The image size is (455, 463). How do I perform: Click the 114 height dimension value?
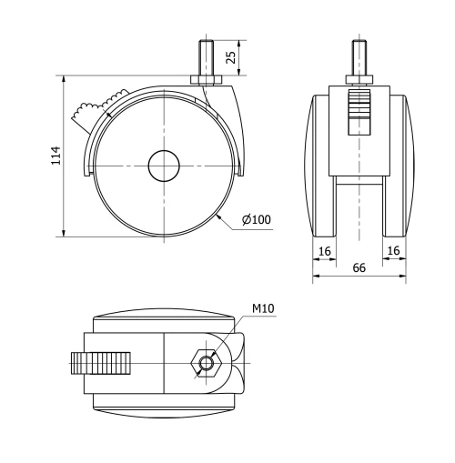tap(55, 155)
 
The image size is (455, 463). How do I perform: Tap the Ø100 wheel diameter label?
tap(258, 219)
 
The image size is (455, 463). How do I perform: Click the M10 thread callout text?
tap(262, 308)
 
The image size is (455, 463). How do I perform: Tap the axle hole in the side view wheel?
tap(165, 165)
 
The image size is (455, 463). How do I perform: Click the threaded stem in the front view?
tap(359, 57)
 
